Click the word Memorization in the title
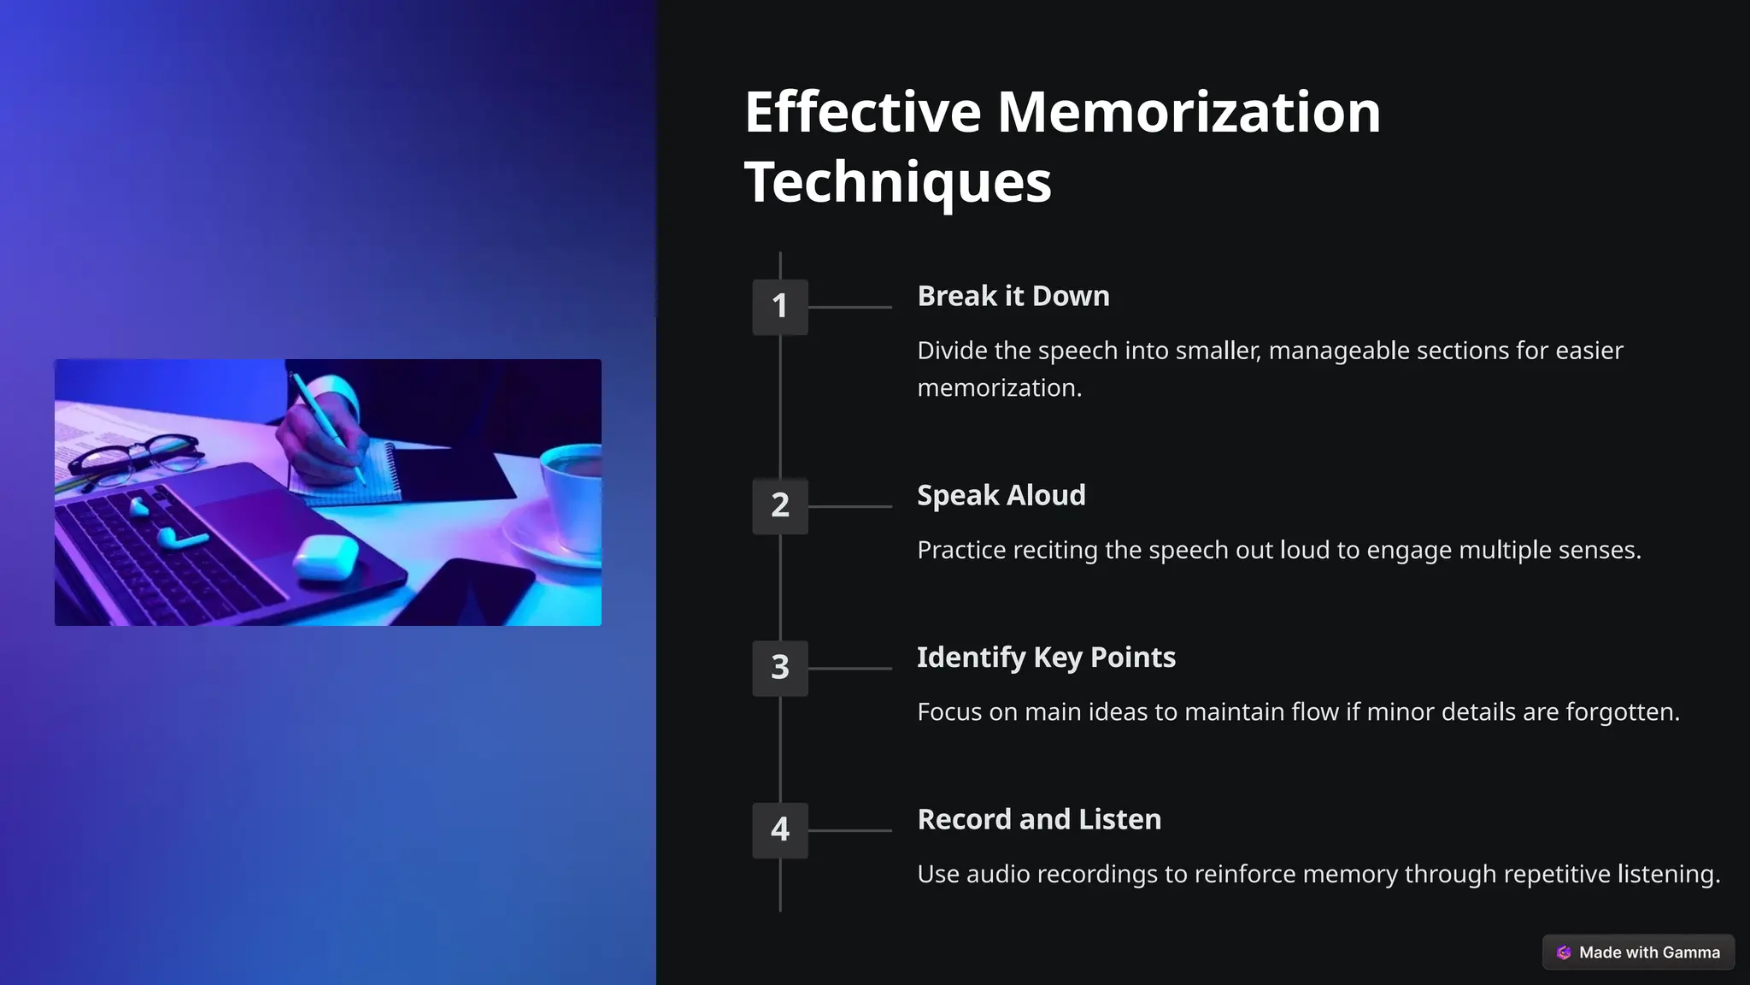1189,112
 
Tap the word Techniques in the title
897,182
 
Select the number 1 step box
779,306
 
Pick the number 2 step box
779,505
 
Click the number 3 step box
779,668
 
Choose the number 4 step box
779,829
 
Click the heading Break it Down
1013,296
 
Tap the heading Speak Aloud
1001,495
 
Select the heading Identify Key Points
1046,658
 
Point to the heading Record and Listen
1039,819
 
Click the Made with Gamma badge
1638,953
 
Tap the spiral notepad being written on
350,479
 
